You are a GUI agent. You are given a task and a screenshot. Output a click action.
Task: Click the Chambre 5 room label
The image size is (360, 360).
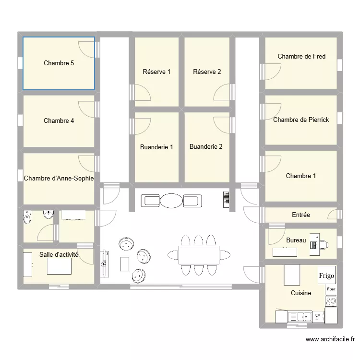pos(59,63)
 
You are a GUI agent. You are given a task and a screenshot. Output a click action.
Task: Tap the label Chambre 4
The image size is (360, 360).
pos(59,121)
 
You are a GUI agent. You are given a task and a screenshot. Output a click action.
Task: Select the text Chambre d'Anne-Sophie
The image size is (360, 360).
pos(59,178)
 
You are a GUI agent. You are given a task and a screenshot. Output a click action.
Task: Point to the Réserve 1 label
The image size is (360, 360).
pos(157,72)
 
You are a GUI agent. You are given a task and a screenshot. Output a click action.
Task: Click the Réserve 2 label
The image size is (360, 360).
pos(207,72)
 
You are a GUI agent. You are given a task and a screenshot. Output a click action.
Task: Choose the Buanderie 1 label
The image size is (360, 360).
pos(156,147)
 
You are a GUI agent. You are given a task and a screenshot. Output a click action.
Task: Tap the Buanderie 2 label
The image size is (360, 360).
pos(206,147)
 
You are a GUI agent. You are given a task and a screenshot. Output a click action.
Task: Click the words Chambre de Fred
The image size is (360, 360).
pos(301,57)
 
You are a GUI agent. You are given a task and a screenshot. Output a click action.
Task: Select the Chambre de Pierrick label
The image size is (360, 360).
pos(301,120)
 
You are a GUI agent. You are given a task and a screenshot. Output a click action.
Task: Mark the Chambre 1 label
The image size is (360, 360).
pos(301,176)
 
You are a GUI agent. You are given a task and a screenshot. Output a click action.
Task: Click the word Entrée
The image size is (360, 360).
pos(301,215)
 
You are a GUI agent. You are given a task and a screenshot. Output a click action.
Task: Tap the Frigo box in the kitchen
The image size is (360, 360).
pos(326,276)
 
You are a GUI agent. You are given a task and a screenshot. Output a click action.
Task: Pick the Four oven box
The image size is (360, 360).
pos(331,289)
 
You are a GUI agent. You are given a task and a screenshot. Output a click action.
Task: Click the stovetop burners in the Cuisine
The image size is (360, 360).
pos(331,301)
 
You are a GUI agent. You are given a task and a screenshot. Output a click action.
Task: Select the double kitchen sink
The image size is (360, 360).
pos(300,316)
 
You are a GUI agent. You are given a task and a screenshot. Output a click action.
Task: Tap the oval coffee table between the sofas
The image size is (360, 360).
pos(171,201)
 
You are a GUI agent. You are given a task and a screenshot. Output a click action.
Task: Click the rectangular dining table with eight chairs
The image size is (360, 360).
pos(199,255)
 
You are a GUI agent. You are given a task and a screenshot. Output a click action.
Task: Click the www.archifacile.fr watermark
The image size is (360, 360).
pos(330,339)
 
